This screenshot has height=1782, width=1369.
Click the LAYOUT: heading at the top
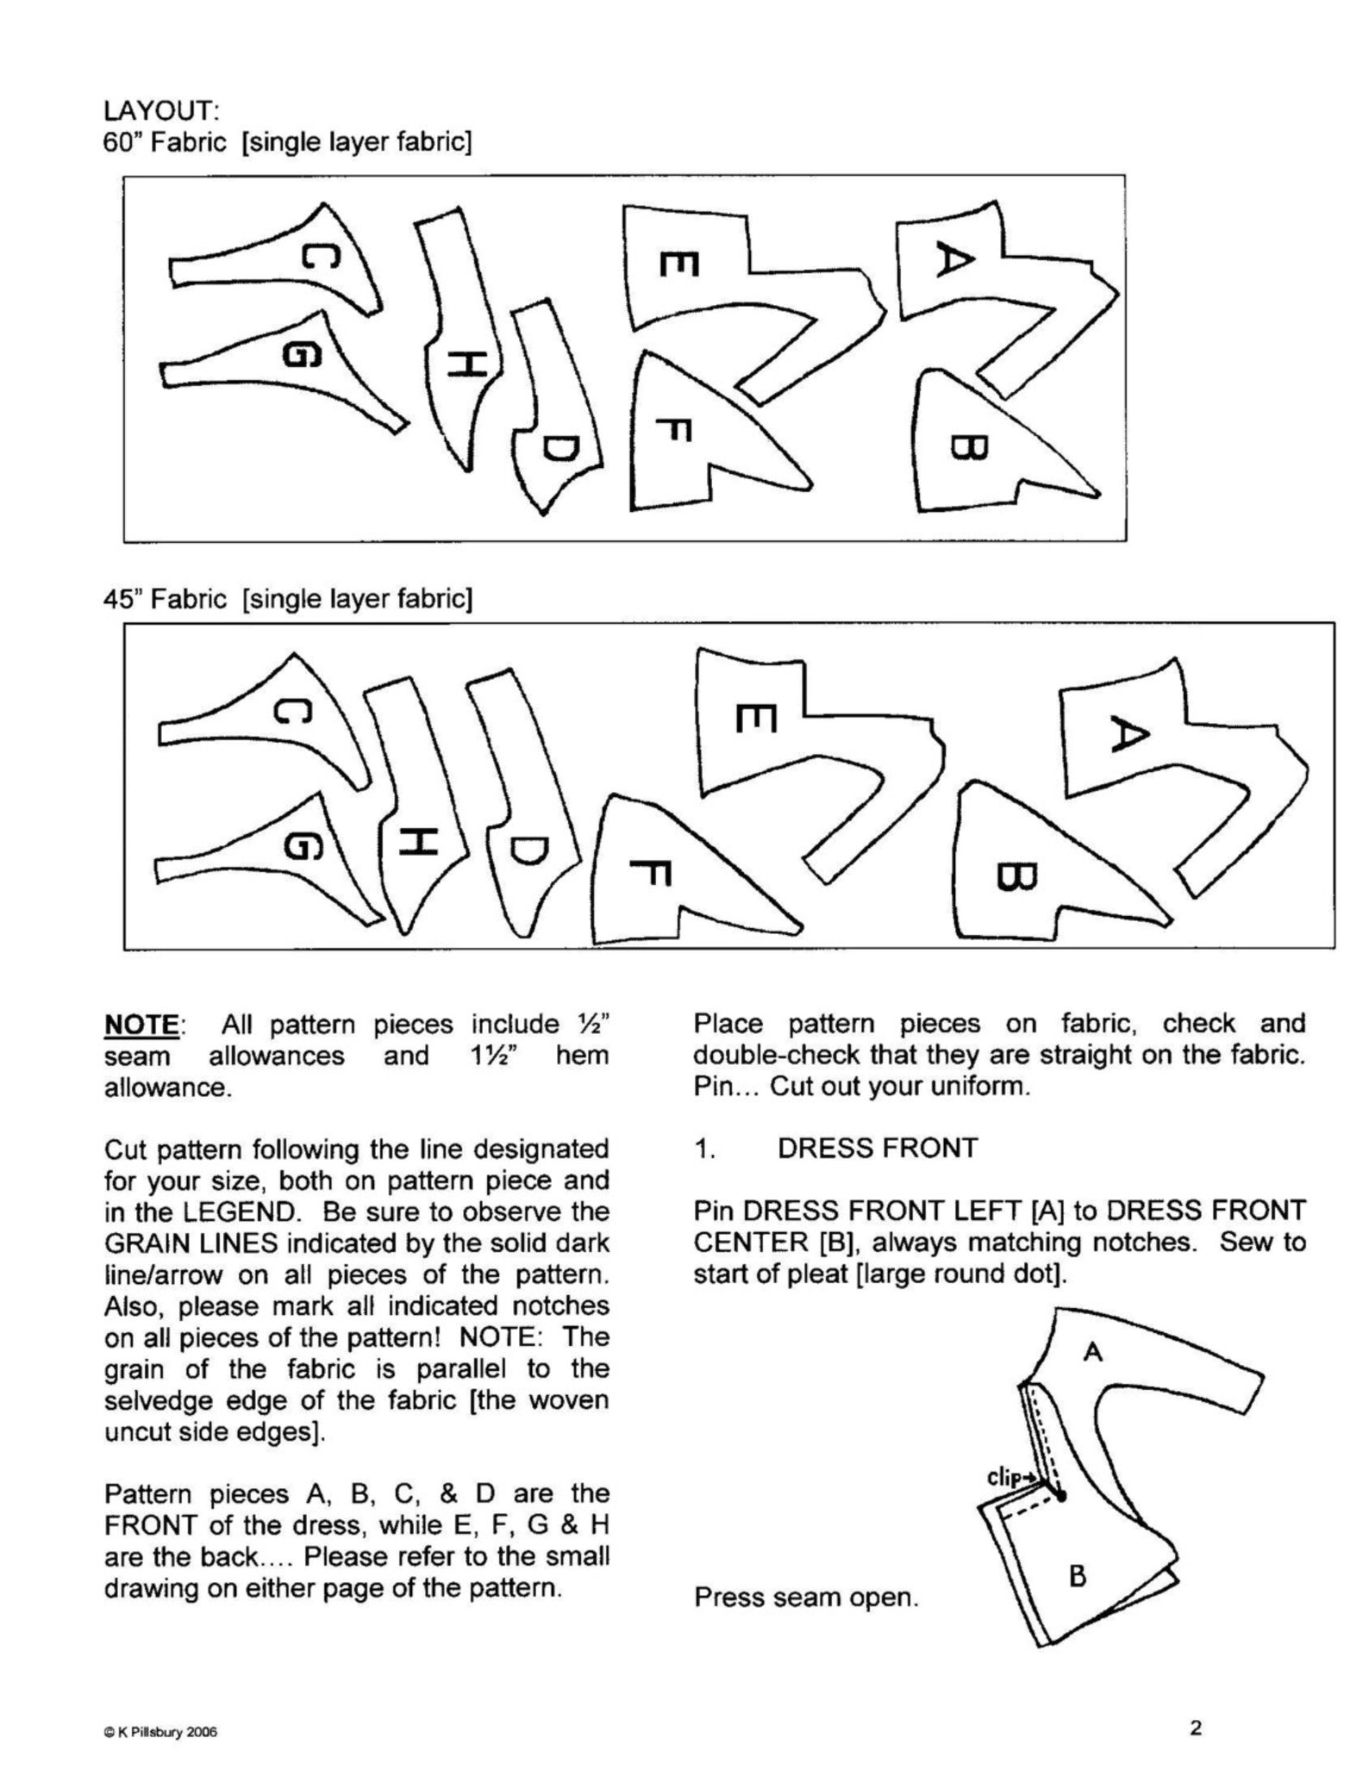click(161, 110)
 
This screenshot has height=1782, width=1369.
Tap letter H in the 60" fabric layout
click(466, 365)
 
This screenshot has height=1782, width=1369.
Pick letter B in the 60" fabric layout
click(968, 446)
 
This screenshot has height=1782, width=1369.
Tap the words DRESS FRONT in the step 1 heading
click(878, 1149)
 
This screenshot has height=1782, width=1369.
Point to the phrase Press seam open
click(806, 1598)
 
